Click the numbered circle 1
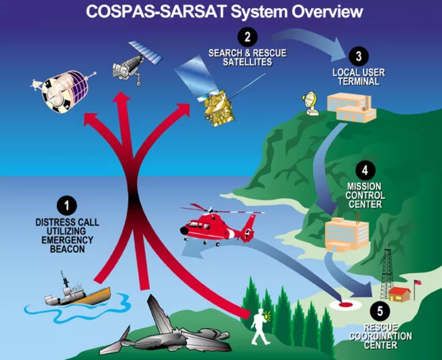(x=67, y=206)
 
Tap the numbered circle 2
(x=247, y=37)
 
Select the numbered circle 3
(x=358, y=56)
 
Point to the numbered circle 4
(x=365, y=170)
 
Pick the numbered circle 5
(x=380, y=311)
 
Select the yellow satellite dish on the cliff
(x=310, y=103)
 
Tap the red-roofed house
(x=400, y=294)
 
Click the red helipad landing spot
(x=345, y=305)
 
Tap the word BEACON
(x=67, y=249)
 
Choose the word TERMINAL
(x=359, y=82)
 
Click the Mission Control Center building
(x=347, y=234)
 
